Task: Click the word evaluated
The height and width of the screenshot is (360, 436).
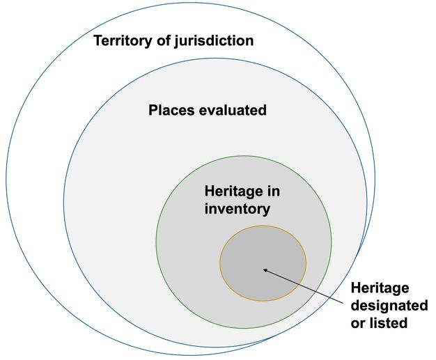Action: click(x=233, y=110)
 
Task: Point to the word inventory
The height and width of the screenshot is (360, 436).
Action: click(x=237, y=208)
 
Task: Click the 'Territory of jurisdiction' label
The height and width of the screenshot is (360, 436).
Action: click(x=174, y=40)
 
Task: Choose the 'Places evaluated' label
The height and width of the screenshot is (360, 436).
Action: click(x=208, y=110)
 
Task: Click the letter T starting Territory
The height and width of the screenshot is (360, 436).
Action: click(x=98, y=40)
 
